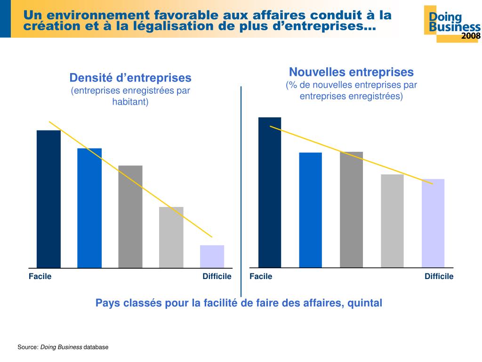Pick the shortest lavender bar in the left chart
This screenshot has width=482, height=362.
(212, 256)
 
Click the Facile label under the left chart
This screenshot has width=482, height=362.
(40, 277)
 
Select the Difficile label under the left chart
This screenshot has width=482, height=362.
(217, 277)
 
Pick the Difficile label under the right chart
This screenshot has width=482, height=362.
(439, 277)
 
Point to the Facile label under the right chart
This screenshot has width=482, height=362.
(261, 277)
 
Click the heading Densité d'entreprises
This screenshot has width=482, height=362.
(130, 78)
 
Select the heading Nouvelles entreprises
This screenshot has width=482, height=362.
(351, 72)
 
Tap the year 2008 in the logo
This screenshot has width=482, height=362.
(471, 36)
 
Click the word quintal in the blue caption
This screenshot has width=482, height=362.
(365, 303)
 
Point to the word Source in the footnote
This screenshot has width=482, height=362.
(27, 347)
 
